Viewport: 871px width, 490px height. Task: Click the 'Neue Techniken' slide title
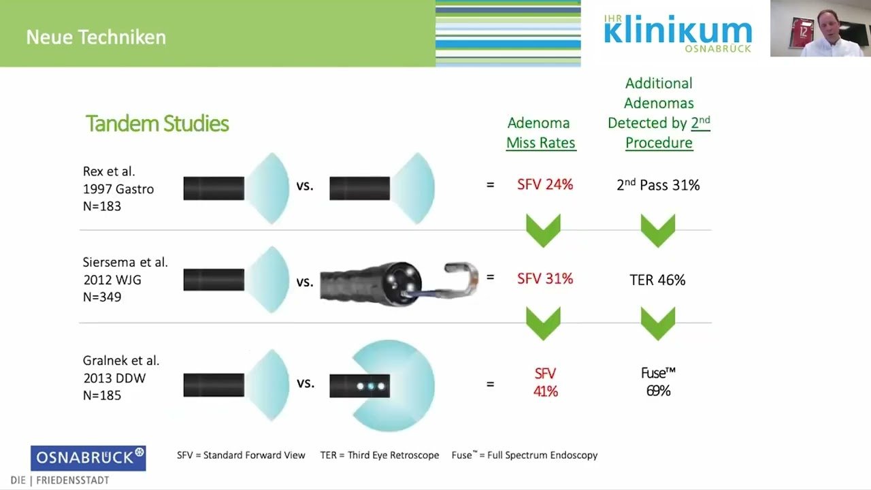point(96,37)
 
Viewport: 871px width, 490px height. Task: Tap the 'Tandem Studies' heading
point(157,124)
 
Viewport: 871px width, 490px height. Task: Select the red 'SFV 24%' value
point(545,184)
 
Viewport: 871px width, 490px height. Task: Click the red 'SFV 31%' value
point(545,278)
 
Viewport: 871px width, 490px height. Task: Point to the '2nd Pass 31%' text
point(658,184)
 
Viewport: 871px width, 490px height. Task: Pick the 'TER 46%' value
point(657,280)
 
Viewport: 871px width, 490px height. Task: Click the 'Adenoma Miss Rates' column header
point(541,133)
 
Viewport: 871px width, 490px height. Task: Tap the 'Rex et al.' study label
point(109,171)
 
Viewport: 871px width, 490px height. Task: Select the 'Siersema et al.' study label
point(125,262)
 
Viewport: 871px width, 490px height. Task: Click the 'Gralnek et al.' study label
point(121,361)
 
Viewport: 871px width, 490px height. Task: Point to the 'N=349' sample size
point(102,297)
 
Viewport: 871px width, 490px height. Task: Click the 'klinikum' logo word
point(678,29)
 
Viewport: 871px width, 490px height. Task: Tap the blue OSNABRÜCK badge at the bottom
point(88,458)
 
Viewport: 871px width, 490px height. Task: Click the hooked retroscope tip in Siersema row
point(461,277)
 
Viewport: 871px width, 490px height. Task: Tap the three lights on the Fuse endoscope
point(371,386)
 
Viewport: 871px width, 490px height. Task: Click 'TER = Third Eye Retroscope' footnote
point(380,455)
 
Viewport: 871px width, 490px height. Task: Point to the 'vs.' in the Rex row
point(305,186)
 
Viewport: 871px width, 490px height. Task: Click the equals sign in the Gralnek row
point(491,385)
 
